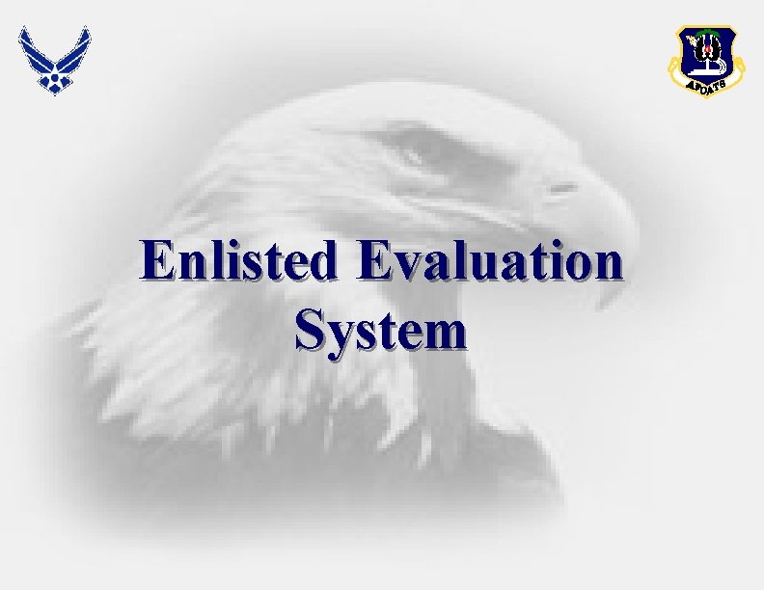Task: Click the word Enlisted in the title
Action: pos(238,262)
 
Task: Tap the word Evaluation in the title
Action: pos(488,262)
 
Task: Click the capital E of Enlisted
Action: pos(155,262)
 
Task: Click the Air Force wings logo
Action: pos(54,58)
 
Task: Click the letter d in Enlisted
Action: pos(324,262)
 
